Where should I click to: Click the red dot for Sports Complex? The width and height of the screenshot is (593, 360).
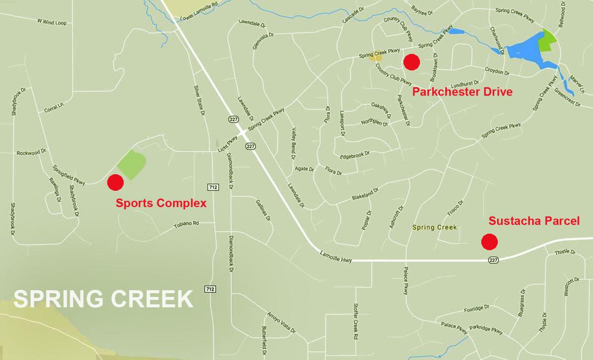[x=115, y=182]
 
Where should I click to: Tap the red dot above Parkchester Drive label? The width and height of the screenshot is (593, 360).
[x=412, y=61]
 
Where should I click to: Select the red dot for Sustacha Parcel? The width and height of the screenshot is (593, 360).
[x=489, y=241]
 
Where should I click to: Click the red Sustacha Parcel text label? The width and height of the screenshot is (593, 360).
[x=534, y=222]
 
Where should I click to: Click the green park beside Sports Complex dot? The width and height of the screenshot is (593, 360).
[x=131, y=164]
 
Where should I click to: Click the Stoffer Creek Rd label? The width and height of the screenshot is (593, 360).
[x=355, y=322]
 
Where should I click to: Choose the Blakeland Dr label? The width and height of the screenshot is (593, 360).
[x=365, y=193]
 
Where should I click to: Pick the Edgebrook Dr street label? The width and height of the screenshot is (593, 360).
[x=354, y=156]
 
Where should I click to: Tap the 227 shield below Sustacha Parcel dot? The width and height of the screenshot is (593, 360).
[x=493, y=259]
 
